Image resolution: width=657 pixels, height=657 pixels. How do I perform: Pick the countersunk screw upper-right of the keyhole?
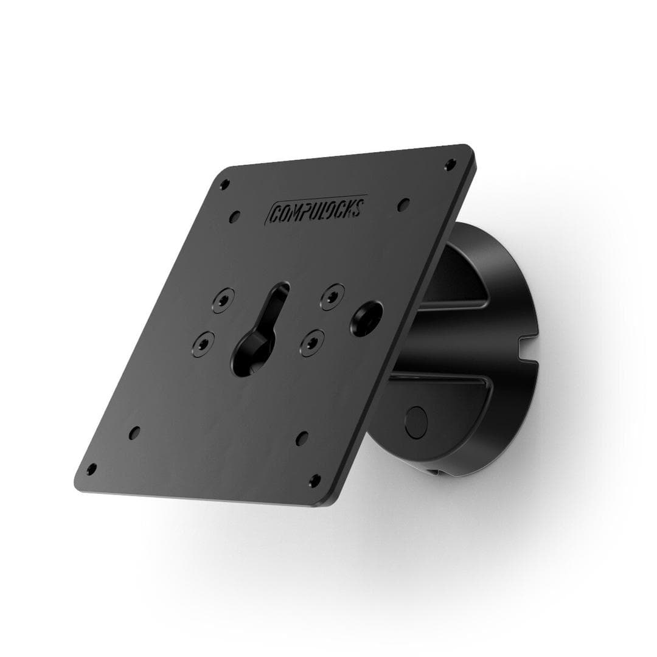(x=332, y=296)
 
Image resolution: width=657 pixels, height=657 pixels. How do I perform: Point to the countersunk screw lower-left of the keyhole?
(x=204, y=342)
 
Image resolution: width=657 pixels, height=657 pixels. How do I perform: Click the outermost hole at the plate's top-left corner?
(x=224, y=184)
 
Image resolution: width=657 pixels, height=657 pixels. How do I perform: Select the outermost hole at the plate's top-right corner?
(x=450, y=164)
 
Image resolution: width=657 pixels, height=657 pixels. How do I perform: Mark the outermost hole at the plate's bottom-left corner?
(x=91, y=469)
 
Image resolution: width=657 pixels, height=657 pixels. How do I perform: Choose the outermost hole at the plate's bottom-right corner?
(x=315, y=481)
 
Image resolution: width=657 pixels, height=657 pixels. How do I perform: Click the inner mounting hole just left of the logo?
(x=234, y=216)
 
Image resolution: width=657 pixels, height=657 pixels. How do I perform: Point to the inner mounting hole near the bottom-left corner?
(x=134, y=433)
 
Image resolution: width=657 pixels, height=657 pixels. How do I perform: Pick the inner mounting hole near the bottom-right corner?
(x=302, y=438)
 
